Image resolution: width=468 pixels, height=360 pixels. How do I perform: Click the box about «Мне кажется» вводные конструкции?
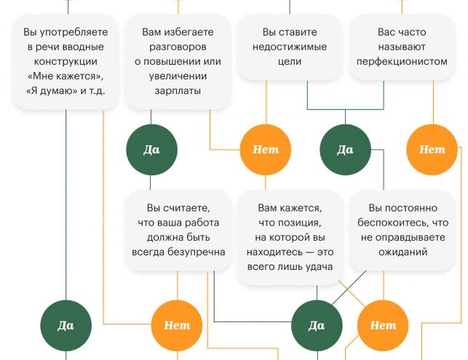pyautogui.click(x=66, y=62)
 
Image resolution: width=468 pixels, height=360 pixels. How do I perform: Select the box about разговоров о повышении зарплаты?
pyautogui.click(x=178, y=62)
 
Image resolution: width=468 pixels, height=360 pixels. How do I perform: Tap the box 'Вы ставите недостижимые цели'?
pyautogui.click(x=290, y=47)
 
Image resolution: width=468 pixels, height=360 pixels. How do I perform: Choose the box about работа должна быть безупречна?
pyautogui.click(x=178, y=230)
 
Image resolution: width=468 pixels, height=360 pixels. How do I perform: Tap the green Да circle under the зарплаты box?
pyautogui.click(x=151, y=150)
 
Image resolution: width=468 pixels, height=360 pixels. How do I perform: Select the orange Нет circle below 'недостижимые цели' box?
pyautogui.click(x=266, y=150)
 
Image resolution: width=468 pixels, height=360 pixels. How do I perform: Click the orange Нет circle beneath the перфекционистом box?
pyautogui.click(x=432, y=150)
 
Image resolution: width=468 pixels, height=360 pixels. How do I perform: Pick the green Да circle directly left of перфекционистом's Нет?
pyautogui.click(x=345, y=150)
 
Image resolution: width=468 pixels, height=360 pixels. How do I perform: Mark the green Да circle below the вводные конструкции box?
pyautogui.click(x=66, y=325)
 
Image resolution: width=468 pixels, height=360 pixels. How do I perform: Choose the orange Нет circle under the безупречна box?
pyautogui.click(x=177, y=325)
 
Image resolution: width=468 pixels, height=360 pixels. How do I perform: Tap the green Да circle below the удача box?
pyautogui.click(x=317, y=325)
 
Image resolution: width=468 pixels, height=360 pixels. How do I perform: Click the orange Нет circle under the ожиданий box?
pyautogui.click(x=383, y=325)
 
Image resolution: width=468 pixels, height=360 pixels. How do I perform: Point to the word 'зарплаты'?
pyautogui.click(x=178, y=91)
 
